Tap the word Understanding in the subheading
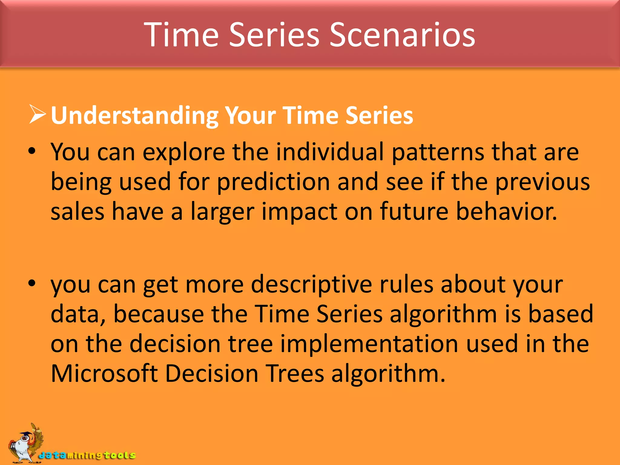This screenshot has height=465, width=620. click(134, 116)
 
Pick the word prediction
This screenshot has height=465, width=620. click(273, 182)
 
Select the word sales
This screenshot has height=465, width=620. click(77, 211)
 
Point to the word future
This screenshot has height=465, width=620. click(414, 211)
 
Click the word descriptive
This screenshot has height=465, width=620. click(312, 285)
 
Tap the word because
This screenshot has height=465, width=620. click(159, 314)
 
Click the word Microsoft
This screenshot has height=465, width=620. click(104, 373)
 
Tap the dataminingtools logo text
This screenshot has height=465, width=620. click(87, 455)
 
